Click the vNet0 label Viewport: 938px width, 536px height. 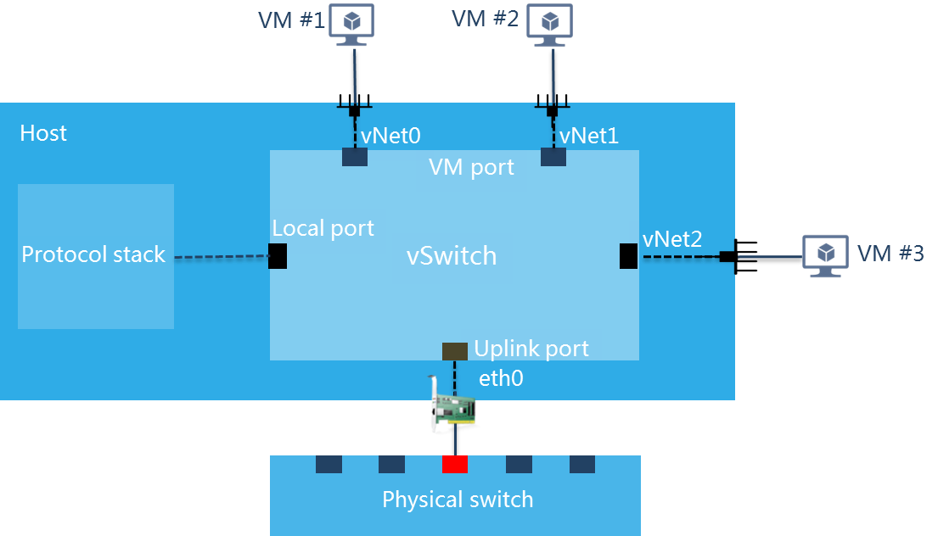tap(391, 135)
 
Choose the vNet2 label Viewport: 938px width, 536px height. tap(672, 240)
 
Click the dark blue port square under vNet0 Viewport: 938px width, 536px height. tap(355, 157)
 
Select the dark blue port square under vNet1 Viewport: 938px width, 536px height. tap(553, 157)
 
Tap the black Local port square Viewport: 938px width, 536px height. tap(277, 256)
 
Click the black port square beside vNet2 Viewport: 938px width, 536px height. tap(628, 255)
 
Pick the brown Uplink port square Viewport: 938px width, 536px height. tap(455, 350)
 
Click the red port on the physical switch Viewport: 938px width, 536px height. tap(455, 464)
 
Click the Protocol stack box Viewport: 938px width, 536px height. tap(95, 256)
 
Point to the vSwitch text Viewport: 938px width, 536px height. tap(451, 256)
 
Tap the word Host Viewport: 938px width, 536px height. tap(43, 133)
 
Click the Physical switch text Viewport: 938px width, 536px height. tap(458, 500)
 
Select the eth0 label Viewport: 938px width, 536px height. tap(501, 378)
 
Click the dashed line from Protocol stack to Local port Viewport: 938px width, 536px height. tap(221, 257)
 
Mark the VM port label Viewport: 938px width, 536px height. tap(471, 167)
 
